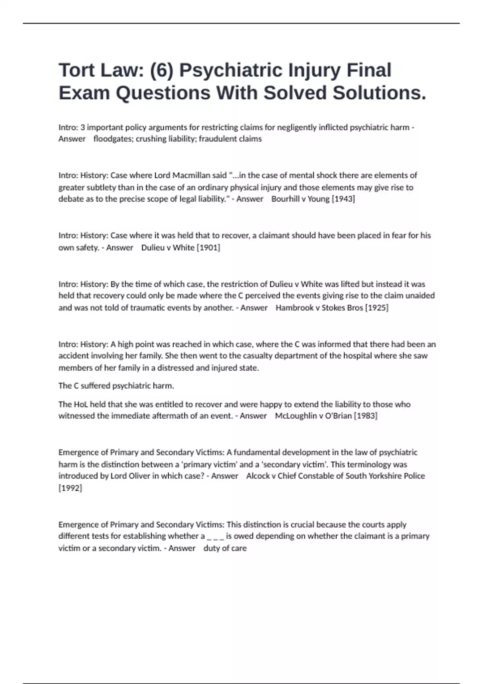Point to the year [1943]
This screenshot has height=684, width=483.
coord(343,199)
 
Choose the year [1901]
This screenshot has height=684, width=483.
coord(208,247)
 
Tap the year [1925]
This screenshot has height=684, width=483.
coord(376,308)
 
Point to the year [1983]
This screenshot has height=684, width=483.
coord(365,416)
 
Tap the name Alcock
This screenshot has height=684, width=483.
coord(258,476)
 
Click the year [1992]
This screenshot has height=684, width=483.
coord(70,488)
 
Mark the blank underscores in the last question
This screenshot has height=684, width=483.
coord(215,536)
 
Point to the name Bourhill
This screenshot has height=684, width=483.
coord(285,199)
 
